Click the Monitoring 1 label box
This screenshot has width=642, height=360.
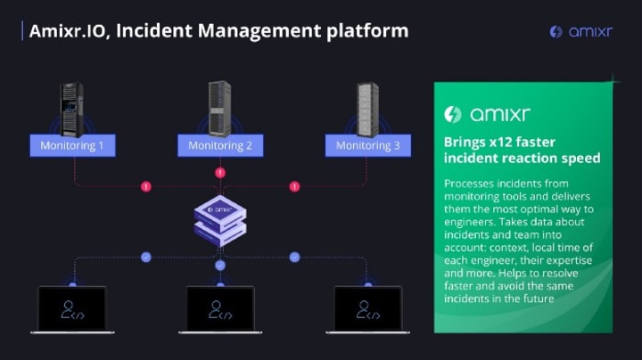72,145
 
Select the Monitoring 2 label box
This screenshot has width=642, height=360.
220,145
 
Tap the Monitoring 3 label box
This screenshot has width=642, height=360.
368,145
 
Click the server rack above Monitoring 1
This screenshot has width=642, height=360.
72,110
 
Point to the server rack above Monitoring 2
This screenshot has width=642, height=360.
220,109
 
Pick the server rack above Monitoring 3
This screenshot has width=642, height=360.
367,110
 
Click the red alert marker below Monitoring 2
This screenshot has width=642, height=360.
220,173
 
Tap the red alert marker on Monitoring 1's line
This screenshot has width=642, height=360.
146,186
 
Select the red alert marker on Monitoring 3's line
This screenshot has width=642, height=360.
294,186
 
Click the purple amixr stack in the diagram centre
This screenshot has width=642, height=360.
220,221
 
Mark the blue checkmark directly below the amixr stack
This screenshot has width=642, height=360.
220,266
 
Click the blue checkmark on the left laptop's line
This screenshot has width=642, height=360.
146,257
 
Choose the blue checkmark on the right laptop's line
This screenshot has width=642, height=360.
294,257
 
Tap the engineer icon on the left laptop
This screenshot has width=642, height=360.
72,310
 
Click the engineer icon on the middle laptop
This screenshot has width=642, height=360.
220,310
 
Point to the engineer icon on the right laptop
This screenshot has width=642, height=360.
368,310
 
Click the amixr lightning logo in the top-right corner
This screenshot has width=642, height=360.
556,31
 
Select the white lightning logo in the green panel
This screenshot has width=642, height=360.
453,114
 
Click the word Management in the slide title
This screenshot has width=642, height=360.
259,31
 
